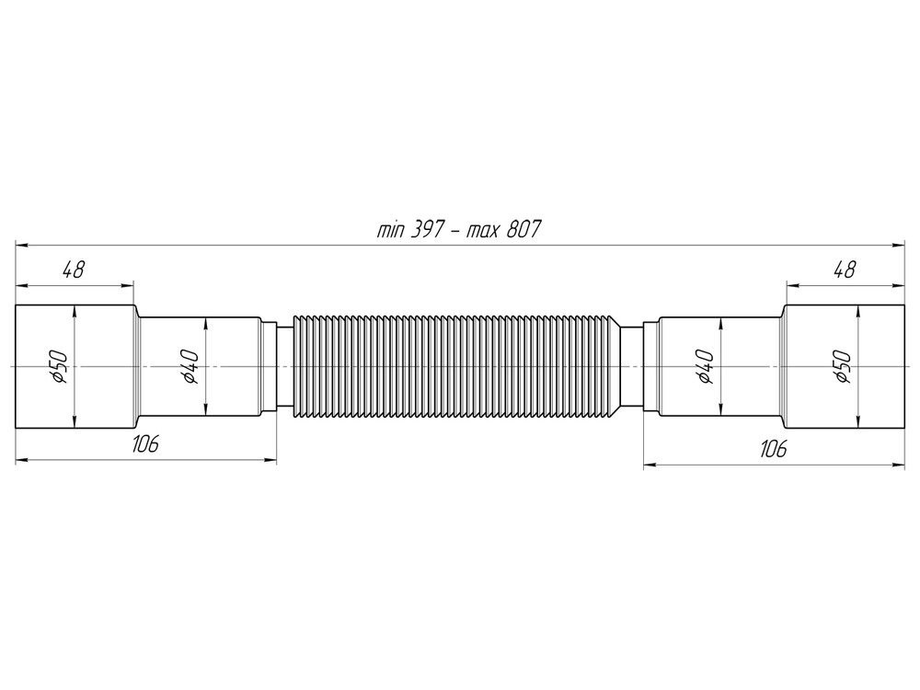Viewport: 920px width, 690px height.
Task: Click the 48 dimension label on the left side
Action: click(x=73, y=270)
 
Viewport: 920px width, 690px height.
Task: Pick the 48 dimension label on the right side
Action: click(x=844, y=270)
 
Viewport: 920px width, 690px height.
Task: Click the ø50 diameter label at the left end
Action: click(x=58, y=366)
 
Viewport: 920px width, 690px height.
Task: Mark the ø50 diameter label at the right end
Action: click(x=841, y=366)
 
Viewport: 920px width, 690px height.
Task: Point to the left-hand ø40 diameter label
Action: click(x=188, y=366)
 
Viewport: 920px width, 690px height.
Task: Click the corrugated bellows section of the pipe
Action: click(x=456, y=366)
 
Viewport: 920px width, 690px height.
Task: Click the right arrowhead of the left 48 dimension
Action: click(x=129, y=284)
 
